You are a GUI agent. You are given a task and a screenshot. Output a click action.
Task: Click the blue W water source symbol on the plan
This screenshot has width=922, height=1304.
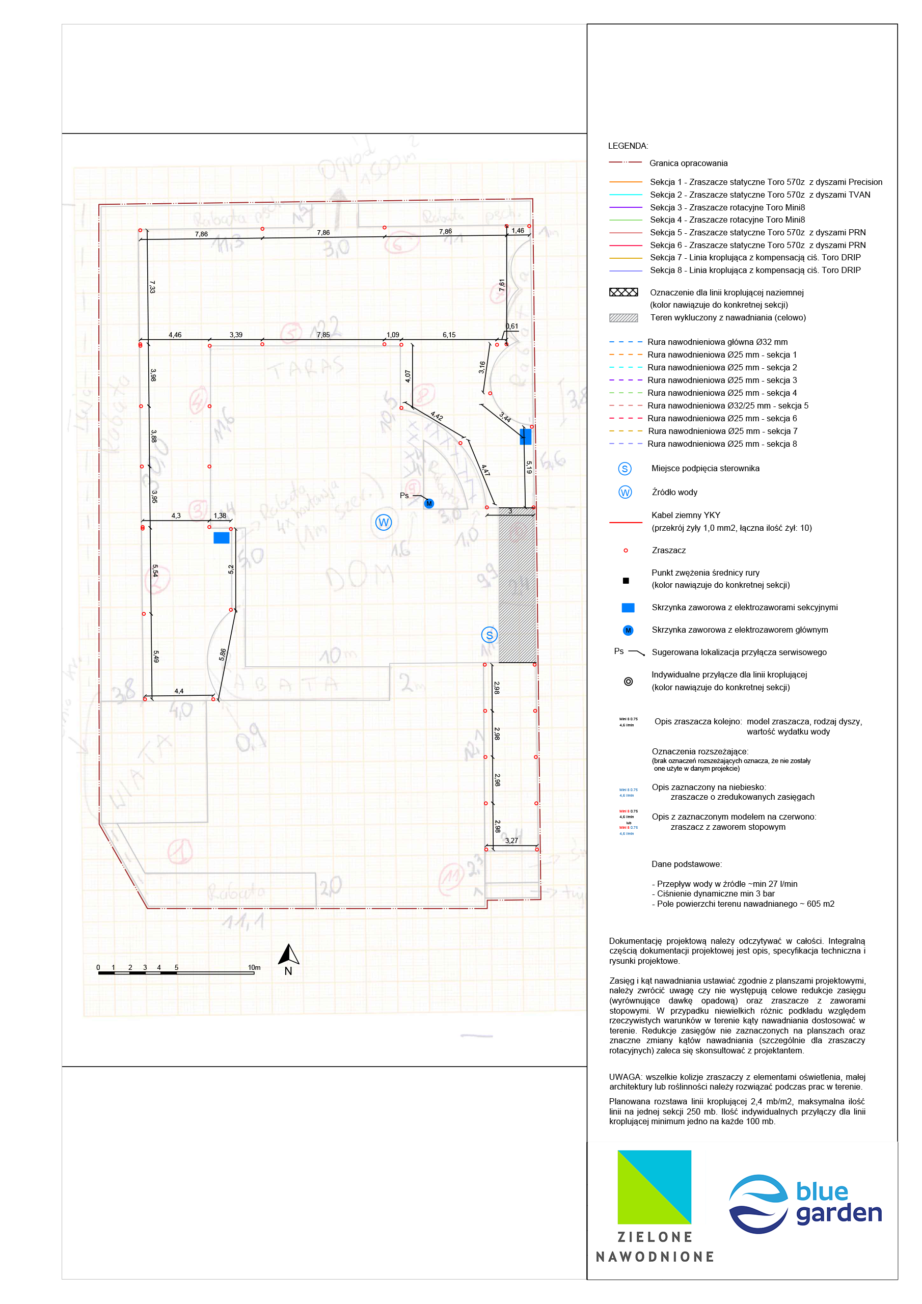pos(384,522)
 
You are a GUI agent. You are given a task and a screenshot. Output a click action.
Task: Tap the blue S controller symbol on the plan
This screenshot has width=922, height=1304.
pos(489,635)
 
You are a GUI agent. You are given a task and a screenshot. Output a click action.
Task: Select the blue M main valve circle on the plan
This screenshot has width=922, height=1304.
pos(429,503)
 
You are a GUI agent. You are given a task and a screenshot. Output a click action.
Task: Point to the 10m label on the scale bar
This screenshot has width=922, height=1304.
pos(254,967)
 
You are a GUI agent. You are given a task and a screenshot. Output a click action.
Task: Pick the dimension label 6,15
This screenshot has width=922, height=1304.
pos(449,335)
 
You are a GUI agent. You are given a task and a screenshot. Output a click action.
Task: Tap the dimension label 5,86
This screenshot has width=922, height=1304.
pos(223,654)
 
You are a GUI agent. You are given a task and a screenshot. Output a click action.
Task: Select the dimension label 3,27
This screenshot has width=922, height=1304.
pos(511,840)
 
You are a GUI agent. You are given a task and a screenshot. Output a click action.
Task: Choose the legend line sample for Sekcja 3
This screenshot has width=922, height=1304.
pos(626,207)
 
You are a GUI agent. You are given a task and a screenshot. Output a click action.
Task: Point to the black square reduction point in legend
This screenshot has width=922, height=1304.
pos(626,581)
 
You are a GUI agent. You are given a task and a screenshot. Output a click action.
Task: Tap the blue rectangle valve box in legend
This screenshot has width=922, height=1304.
pos(628,608)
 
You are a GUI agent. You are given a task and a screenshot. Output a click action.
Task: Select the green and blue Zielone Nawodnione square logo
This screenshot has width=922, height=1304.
pos(655,1186)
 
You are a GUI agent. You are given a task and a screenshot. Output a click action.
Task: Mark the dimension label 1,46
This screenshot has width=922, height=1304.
pos(518,231)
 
